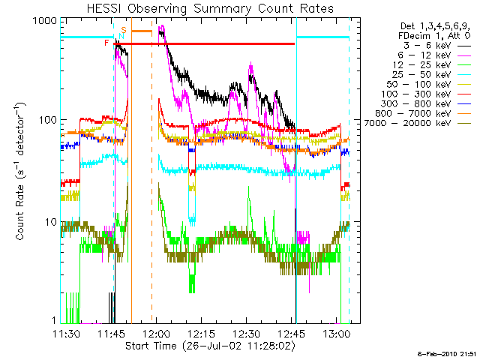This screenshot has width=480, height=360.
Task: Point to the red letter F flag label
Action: [x=106, y=43]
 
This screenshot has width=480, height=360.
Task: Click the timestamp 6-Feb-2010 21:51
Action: [x=448, y=353]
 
